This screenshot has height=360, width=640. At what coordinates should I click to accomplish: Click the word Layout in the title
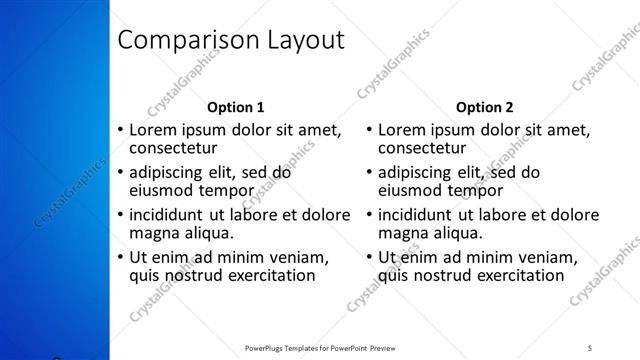click(299, 41)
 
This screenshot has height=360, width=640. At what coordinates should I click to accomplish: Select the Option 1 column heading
click(235, 107)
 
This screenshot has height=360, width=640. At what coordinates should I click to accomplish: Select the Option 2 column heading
click(484, 107)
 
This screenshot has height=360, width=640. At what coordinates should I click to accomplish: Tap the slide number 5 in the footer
click(591, 347)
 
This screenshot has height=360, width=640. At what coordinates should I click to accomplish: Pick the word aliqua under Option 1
click(208, 233)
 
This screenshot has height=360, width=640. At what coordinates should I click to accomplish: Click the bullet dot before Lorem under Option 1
click(120, 131)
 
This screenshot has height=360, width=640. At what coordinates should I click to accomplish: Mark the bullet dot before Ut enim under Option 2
click(369, 257)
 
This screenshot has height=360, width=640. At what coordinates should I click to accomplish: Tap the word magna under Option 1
click(153, 233)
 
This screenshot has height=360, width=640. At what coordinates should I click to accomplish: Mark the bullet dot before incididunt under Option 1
click(120, 215)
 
